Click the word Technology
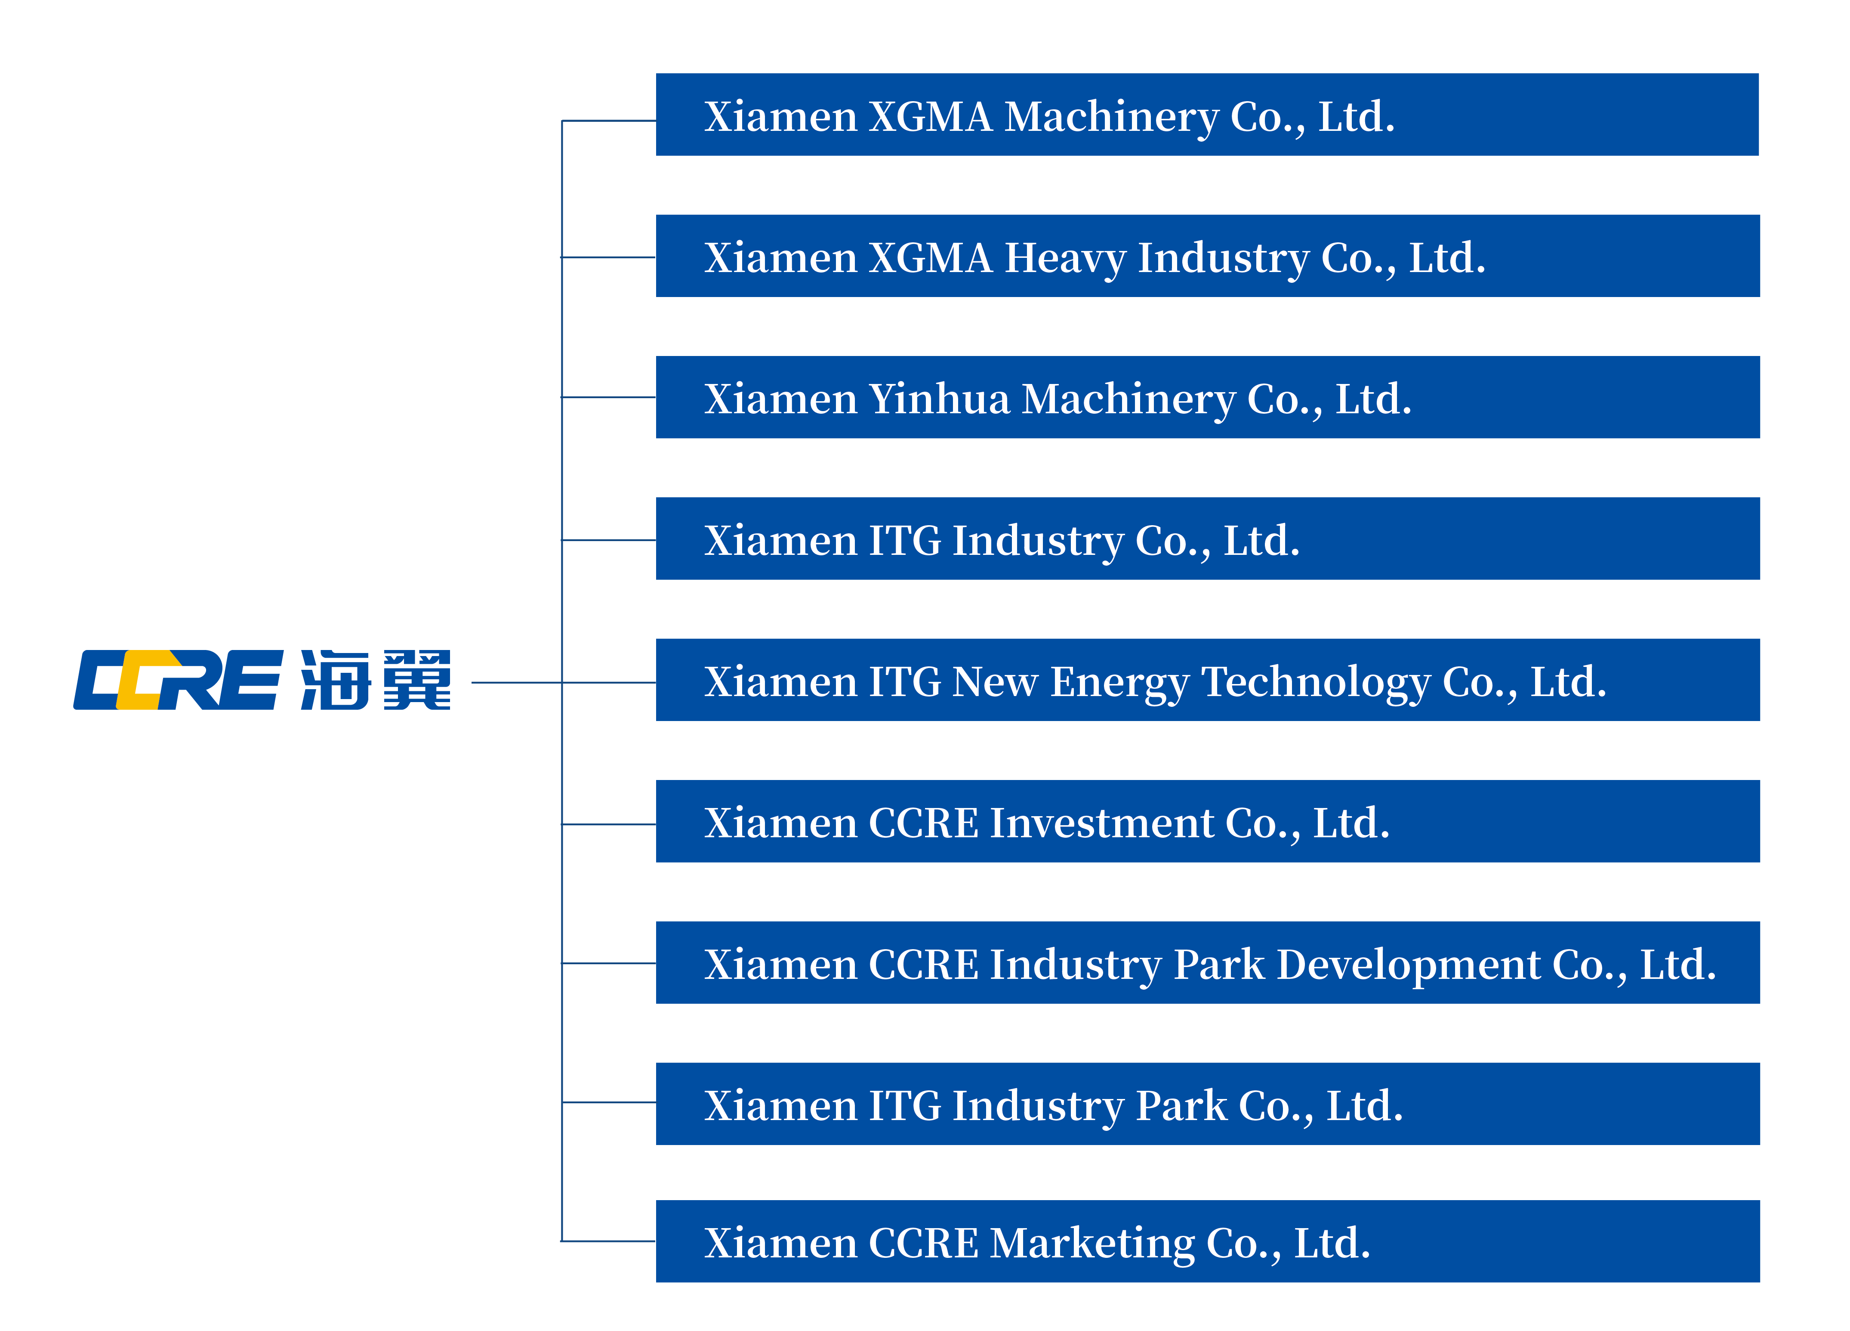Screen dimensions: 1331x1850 (x=1316, y=682)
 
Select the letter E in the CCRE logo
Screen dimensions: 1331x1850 (x=249, y=680)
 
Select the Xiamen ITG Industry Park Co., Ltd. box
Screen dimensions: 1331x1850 (x=1207, y=1103)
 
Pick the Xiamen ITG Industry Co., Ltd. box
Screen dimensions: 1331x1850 (x=1207, y=539)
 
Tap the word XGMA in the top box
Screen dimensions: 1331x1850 (x=931, y=117)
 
